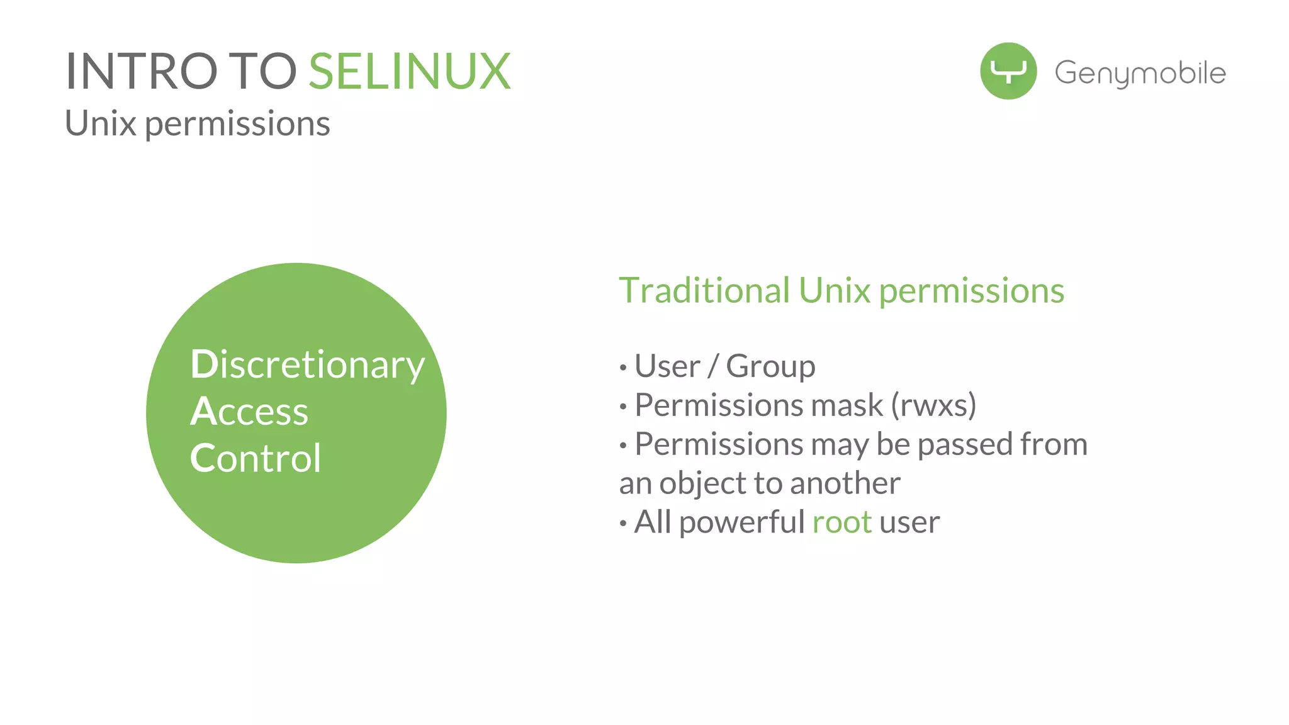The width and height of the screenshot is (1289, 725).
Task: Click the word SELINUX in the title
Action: pos(409,72)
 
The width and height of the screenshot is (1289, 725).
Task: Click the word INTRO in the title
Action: pos(142,72)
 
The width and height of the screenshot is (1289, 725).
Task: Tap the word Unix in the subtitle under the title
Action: pos(101,123)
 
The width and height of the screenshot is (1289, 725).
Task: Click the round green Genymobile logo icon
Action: pos(1008,71)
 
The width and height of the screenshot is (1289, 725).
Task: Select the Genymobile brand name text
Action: pos(1140,73)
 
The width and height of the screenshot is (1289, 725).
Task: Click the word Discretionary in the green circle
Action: pos(307,365)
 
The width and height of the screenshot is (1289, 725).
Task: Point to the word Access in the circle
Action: pos(249,412)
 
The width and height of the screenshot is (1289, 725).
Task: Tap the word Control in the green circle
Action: pos(256,458)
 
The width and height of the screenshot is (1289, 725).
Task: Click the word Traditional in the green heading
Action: pos(704,291)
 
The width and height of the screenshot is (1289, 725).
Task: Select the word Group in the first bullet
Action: pos(770,366)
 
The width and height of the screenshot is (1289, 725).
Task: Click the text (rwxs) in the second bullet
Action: pos(933,405)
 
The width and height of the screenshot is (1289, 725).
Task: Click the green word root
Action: pos(842,522)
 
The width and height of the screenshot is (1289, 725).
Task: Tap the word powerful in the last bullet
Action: pos(742,522)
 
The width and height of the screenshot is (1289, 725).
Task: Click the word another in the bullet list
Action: pos(845,483)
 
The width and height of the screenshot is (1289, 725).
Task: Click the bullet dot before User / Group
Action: pos(623,368)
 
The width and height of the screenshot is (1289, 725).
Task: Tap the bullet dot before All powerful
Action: pos(623,524)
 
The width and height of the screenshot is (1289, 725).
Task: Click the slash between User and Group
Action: pos(712,366)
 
